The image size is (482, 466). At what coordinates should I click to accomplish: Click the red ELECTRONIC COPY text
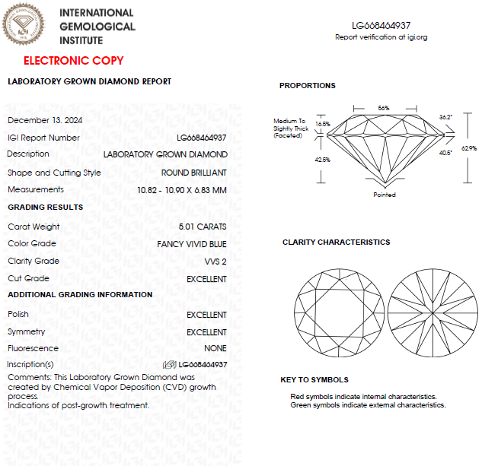tap(73, 61)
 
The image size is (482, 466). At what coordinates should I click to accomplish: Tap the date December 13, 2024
tap(45, 120)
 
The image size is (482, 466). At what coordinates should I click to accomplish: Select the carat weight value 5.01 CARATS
tap(202, 227)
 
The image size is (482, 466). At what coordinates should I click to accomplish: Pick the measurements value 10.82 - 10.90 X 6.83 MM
tap(181, 190)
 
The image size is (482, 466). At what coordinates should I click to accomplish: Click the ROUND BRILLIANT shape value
tap(193, 173)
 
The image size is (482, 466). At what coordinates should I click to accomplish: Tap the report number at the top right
tap(381, 26)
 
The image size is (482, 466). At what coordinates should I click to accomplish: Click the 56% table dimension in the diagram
tap(384, 108)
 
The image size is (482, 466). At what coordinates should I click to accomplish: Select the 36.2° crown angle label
tap(445, 117)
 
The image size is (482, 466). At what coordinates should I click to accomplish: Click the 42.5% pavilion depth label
tap(323, 160)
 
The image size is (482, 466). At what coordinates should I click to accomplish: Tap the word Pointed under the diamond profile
tap(385, 195)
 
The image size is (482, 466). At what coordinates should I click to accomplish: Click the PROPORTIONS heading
tap(307, 86)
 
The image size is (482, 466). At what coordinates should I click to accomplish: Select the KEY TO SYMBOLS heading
tap(314, 379)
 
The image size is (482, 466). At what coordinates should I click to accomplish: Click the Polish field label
tap(18, 314)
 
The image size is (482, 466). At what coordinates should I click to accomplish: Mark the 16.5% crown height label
tap(323, 124)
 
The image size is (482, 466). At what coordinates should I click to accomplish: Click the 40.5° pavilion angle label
tap(445, 153)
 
